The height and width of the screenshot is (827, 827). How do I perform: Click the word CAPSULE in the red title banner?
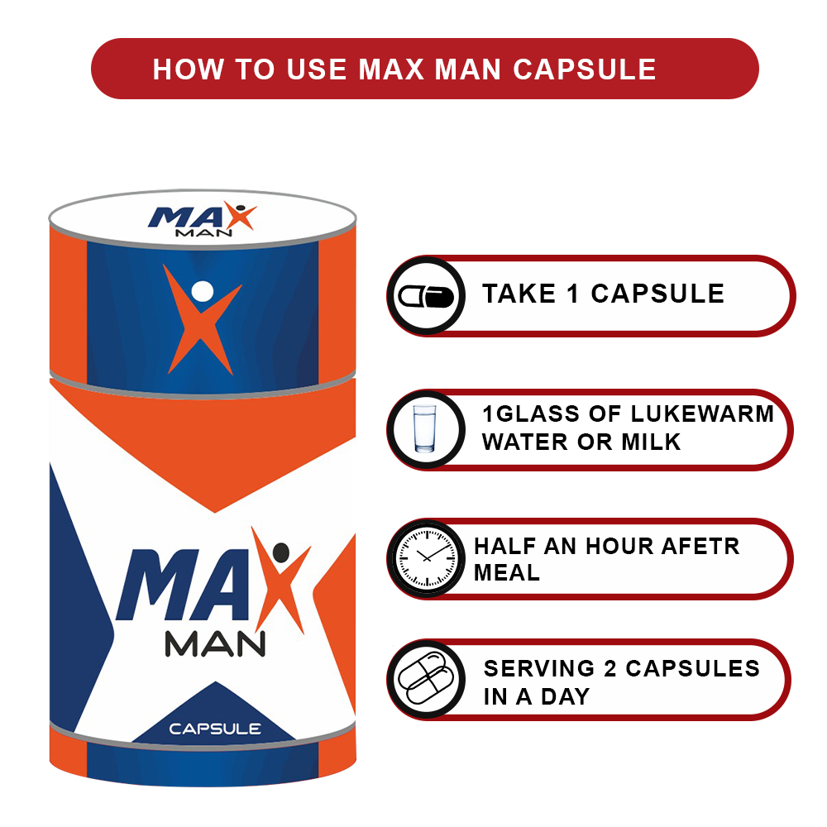click(585, 69)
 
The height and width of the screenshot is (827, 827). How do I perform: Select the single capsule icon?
click(426, 296)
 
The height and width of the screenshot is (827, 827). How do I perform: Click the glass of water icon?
click(425, 428)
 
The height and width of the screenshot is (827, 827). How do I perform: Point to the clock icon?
click(427, 558)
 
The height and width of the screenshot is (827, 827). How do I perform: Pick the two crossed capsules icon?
click(426, 679)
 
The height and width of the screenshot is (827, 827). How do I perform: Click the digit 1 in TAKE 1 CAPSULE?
click(573, 294)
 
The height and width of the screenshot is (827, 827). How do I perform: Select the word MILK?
click(651, 442)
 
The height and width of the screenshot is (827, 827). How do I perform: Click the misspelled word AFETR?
click(700, 547)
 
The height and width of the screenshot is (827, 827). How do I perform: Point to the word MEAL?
click(507, 573)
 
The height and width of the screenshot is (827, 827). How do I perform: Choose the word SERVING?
click(539, 669)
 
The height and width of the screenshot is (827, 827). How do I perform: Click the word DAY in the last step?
click(566, 696)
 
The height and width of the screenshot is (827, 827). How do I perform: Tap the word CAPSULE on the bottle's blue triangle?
click(215, 729)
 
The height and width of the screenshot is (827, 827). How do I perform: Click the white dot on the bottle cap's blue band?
click(202, 291)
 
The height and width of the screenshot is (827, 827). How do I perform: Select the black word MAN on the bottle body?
click(215, 643)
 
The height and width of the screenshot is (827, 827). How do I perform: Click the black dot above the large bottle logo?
click(281, 552)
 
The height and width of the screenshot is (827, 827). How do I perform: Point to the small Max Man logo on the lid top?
click(203, 219)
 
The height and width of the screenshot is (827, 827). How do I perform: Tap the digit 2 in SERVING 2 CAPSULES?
click(610, 669)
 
